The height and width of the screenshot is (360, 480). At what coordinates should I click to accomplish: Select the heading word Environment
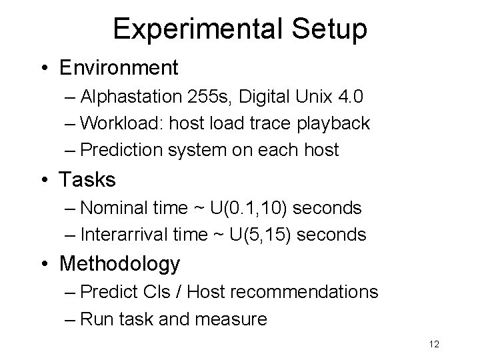point(119,68)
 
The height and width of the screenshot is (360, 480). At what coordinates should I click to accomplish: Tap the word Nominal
point(111,209)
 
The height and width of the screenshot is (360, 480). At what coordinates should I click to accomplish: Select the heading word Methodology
point(120,265)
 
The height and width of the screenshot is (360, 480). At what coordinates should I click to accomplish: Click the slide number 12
point(434,345)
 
